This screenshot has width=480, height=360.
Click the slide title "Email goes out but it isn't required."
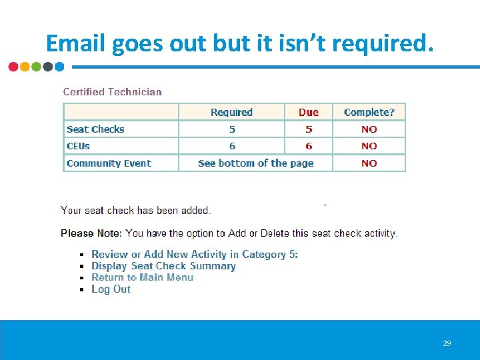[x=239, y=43]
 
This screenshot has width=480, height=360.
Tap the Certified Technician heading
[x=112, y=92]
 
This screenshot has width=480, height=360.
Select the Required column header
[x=231, y=112]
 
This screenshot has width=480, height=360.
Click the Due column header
[x=309, y=112]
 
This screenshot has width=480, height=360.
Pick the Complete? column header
[x=369, y=112]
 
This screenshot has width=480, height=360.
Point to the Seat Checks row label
[x=95, y=129]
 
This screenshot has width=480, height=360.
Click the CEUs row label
[x=78, y=146]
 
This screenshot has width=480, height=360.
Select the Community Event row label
[x=109, y=163]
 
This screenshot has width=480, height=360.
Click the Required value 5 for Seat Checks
[x=232, y=129]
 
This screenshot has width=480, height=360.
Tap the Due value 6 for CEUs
[x=309, y=146]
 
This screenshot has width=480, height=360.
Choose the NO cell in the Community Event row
[x=369, y=163]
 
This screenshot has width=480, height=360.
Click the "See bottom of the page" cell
[x=255, y=163]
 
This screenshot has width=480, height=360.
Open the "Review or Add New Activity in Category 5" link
[x=194, y=254]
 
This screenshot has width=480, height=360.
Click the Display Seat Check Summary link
[x=163, y=266]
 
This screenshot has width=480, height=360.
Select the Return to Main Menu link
[x=142, y=277]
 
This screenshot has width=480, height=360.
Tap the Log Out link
[x=111, y=289]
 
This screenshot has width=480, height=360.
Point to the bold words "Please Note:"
[x=91, y=233]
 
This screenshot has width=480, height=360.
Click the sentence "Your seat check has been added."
[x=135, y=211]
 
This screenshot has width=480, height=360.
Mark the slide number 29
[x=447, y=343]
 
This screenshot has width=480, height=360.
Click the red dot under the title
[x=13, y=67]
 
